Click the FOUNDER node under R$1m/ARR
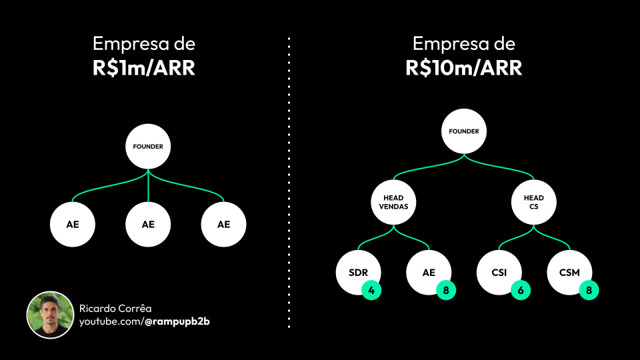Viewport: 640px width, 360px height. pyautogui.click(x=148, y=146)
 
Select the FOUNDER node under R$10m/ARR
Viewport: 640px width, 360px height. pyautogui.click(x=464, y=131)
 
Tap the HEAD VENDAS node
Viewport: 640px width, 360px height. pyautogui.click(x=394, y=202)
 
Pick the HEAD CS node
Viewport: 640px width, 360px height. pyautogui.click(x=534, y=202)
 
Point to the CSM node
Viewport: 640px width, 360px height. pyautogui.click(x=568, y=271)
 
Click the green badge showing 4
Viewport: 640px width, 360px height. pyautogui.click(x=371, y=290)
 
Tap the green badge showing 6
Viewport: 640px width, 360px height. pyautogui.click(x=521, y=290)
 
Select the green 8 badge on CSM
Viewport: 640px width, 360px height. pyautogui.click(x=589, y=290)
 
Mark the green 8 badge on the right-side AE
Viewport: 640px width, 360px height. pyautogui.click(x=446, y=290)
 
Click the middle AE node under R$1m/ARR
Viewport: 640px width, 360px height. pyautogui.click(x=148, y=224)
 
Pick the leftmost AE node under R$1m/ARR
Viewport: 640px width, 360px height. pyautogui.click(x=73, y=224)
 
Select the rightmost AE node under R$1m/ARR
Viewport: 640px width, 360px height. pyautogui.click(x=223, y=224)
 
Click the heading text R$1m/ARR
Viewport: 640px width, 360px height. pyautogui.click(x=144, y=68)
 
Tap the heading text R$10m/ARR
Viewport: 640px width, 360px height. pyautogui.click(x=464, y=68)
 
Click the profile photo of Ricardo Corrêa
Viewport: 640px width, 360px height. pyautogui.click(x=50, y=315)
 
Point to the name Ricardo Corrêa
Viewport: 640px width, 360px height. pyautogui.click(x=115, y=309)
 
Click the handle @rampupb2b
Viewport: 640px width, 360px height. pyautogui.click(x=177, y=322)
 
